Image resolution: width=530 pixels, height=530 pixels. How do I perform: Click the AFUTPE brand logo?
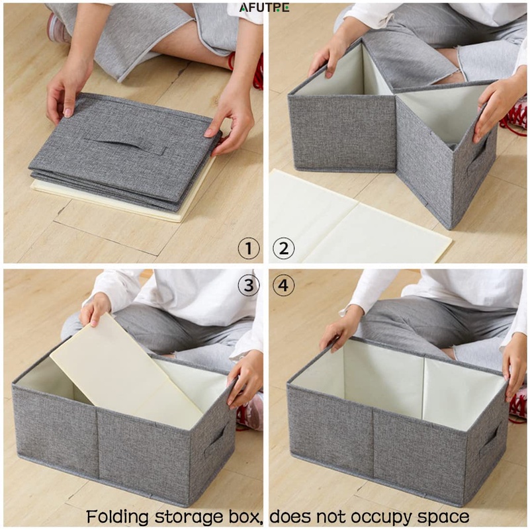pyautogui.click(x=264, y=8)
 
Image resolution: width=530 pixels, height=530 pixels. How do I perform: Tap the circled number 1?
pyautogui.click(x=249, y=248)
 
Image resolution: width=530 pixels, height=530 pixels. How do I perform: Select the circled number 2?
pyautogui.click(x=284, y=248)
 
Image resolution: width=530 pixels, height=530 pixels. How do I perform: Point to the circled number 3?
pyautogui.click(x=249, y=285)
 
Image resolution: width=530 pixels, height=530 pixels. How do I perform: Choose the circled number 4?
pyautogui.click(x=284, y=285)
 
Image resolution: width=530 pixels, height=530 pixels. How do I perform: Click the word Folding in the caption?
pyautogui.click(x=117, y=517)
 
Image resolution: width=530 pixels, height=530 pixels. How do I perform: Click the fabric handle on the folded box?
pyautogui.click(x=126, y=142)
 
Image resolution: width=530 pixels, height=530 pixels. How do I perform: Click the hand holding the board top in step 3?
pyautogui.click(x=95, y=309)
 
